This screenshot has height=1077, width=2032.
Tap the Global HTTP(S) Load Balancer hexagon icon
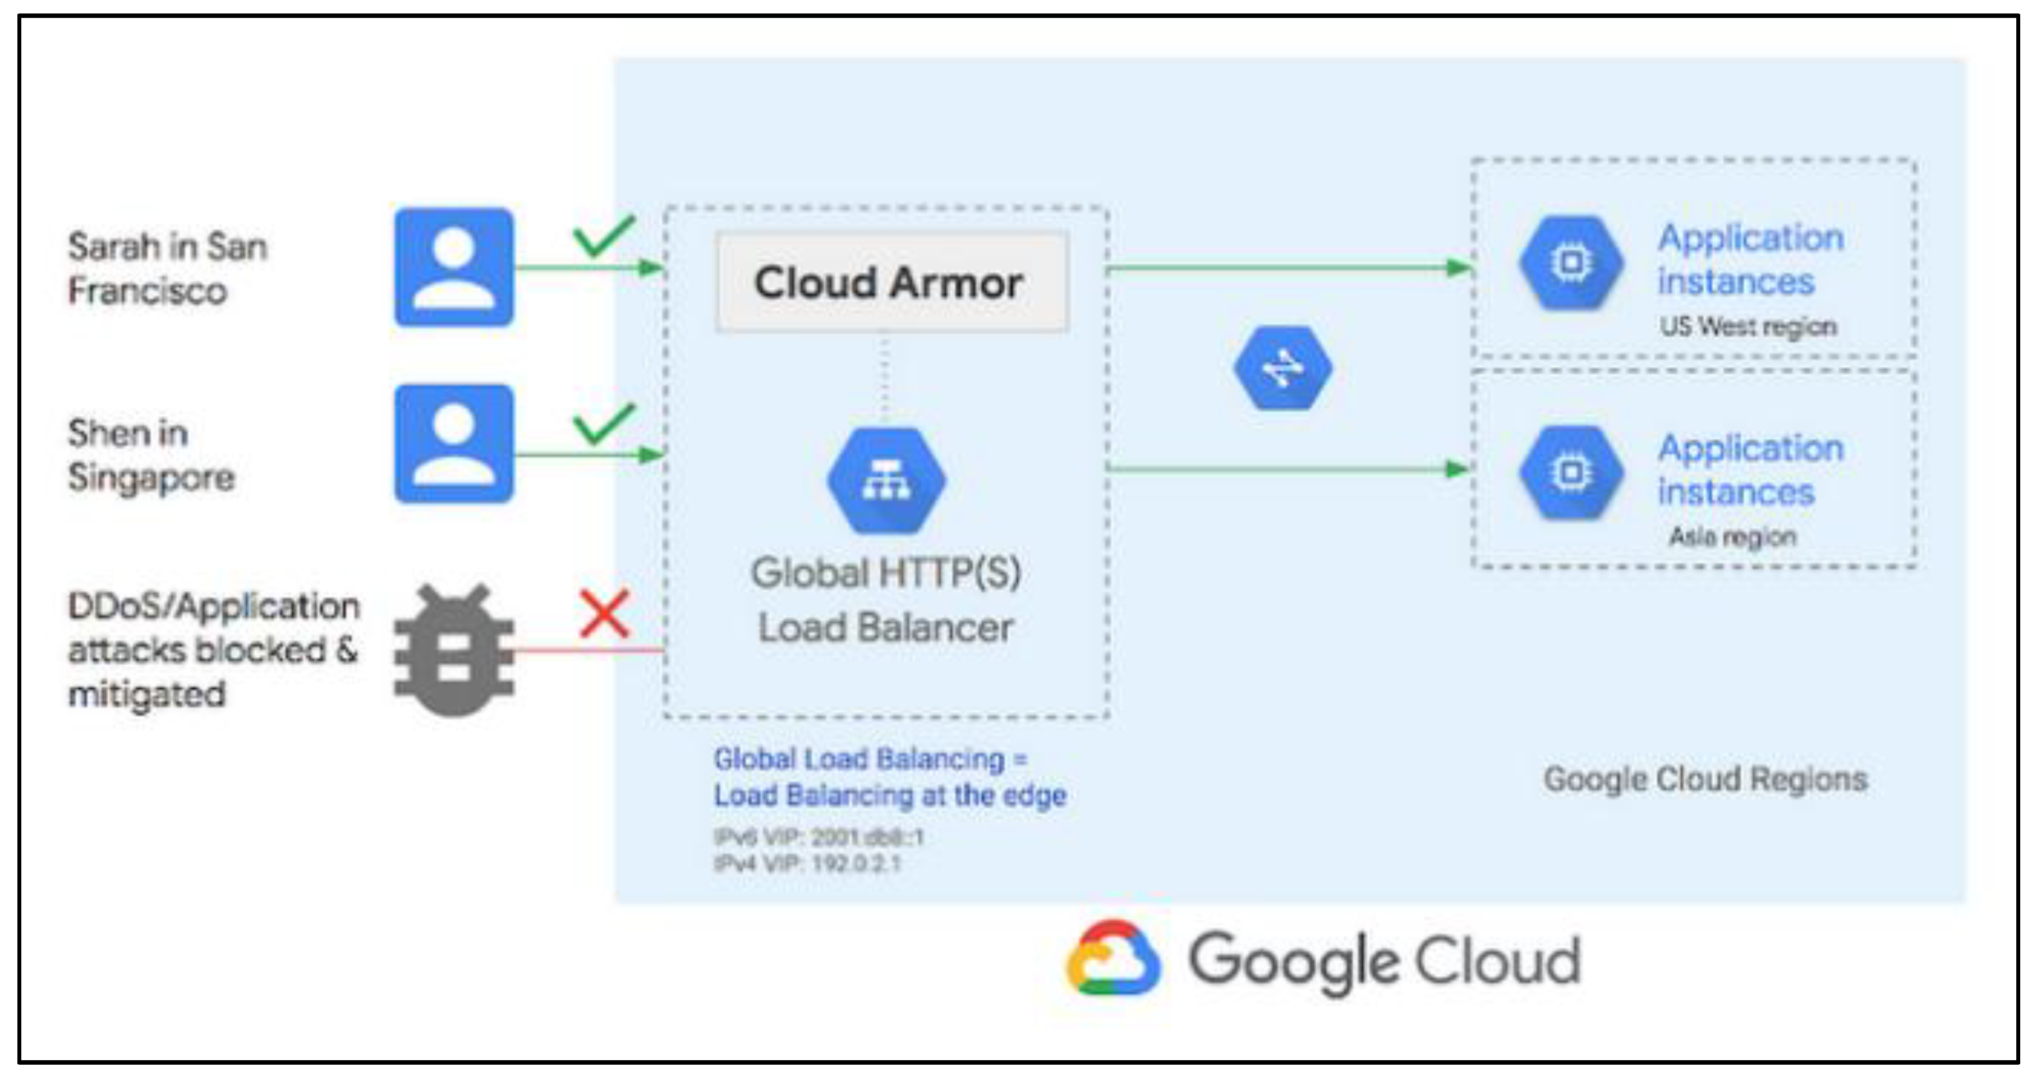click(886, 480)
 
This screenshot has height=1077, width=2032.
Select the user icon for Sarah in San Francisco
click(453, 267)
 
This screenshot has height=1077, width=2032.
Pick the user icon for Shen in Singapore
click(453, 444)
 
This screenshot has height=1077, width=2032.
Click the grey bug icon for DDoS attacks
click(453, 651)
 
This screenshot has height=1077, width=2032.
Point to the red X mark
click(604, 614)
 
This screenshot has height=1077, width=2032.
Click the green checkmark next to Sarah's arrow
click(604, 235)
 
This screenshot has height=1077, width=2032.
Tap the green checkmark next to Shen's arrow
click(604, 424)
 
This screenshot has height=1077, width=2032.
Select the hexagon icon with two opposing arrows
click(1282, 368)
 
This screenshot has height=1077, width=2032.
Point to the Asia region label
click(1732, 537)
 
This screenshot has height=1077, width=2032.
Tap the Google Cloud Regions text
click(1704, 779)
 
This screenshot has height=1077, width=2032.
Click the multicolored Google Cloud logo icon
click(1112, 959)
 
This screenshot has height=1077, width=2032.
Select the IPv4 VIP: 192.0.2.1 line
click(807, 864)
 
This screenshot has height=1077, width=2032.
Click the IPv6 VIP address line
click(818, 836)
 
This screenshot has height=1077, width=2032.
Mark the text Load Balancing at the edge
click(890, 795)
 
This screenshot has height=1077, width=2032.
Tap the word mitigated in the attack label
click(147, 694)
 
